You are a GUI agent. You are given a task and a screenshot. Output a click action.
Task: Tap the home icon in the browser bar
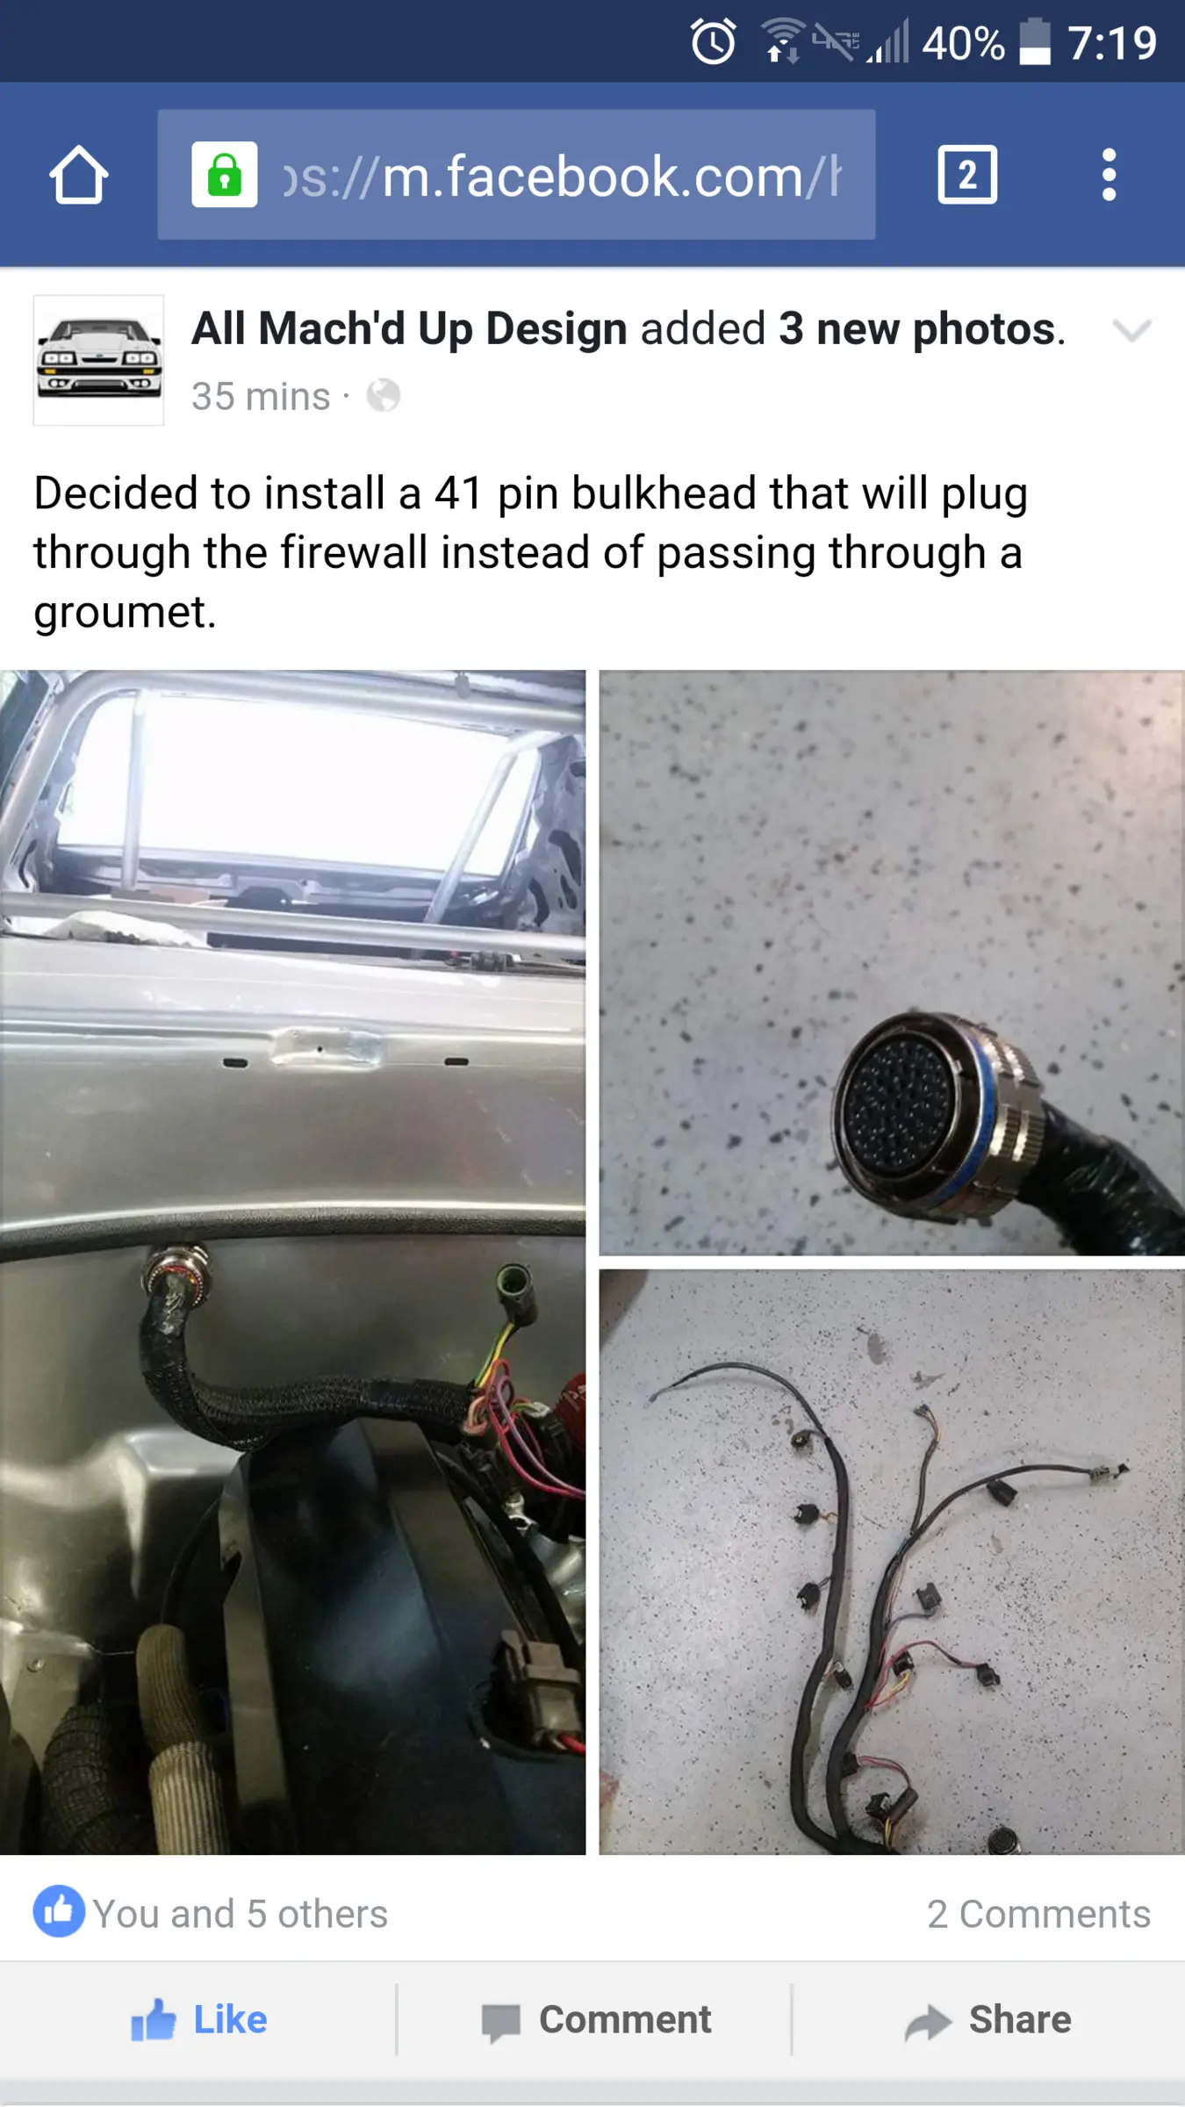[x=79, y=175]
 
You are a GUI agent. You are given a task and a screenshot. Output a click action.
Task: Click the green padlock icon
[x=225, y=174]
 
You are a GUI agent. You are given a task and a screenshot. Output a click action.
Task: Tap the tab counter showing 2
[x=967, y=175]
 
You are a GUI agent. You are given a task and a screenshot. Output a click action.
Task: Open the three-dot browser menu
[x=1110, y=175]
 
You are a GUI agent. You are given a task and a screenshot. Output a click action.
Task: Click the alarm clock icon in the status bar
[x=713, y=41]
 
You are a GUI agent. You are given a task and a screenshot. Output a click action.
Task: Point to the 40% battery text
[x=963, y=43]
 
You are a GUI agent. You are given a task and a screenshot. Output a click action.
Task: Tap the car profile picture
[x=99, y=361]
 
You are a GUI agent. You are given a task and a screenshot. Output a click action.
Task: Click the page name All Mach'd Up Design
[x=409, y=328]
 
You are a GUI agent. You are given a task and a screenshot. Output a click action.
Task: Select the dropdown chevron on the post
[x=1131, y=330]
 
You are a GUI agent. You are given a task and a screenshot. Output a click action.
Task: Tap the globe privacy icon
[x=384, y=396]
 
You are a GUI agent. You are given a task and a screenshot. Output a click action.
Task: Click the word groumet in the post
[x=125, y=613]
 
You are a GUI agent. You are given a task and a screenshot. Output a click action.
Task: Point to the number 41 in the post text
[x=458, y=493]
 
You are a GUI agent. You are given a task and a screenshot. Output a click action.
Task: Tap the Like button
[x=199, y=2019]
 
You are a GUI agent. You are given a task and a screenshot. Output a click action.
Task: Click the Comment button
[x=596, y=2020]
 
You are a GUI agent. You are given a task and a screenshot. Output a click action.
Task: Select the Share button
[x=988, y=2020]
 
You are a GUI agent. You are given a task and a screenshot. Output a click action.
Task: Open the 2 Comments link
[x=1038, y=1914]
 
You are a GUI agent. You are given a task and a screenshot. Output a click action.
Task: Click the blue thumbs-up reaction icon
[x=59, y=1911]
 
